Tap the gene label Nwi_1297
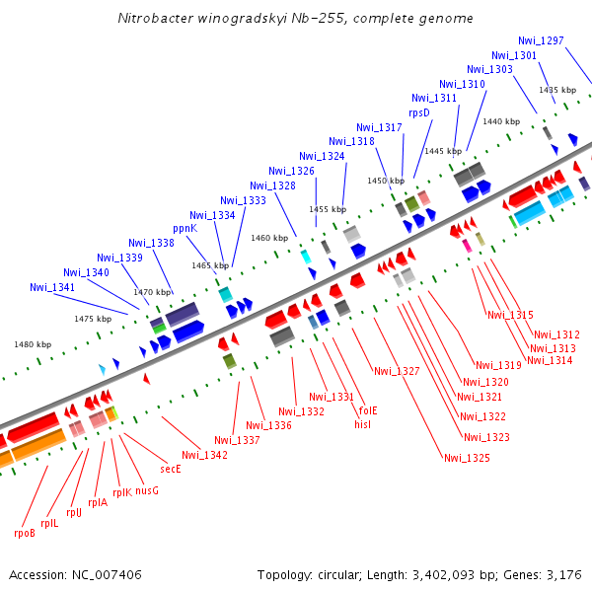click(541, 40)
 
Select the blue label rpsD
click(420, 112)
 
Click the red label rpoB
click(25, 533)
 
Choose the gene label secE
click(171, 469)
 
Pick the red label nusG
click(147, 489)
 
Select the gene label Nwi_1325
click(467, 457)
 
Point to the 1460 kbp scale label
click(267, 238)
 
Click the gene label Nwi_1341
click(52, 287)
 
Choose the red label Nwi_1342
click(204, 455)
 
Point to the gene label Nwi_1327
click(397, 371)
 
